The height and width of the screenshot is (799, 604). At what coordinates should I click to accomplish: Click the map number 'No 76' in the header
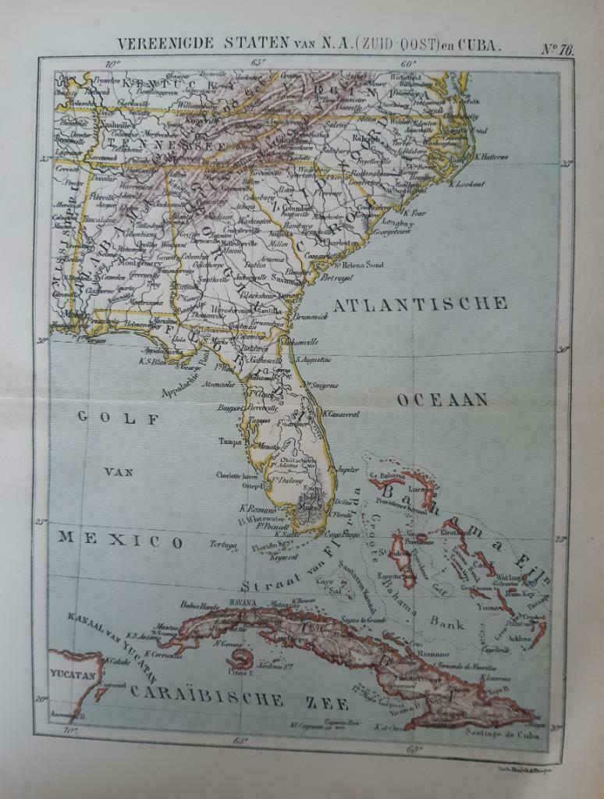pyautogui.click(x=557, y=48)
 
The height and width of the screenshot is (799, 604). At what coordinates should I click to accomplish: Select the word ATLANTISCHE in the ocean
pyautogui.click(x=421, y=304)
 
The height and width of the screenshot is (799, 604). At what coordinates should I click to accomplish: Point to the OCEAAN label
pyautogui.click(x=442, y=400)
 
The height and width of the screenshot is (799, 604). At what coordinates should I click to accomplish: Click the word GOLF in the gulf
pyautogui.click(x=118, y=418)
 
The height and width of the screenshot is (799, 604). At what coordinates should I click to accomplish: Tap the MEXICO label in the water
pyautogui.click(x=121, y=541)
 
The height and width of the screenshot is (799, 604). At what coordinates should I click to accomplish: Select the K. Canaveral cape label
pyautogui.click(x=340, y=414)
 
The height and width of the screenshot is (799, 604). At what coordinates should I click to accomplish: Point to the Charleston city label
pyautogui.click(x=346, y=243)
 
